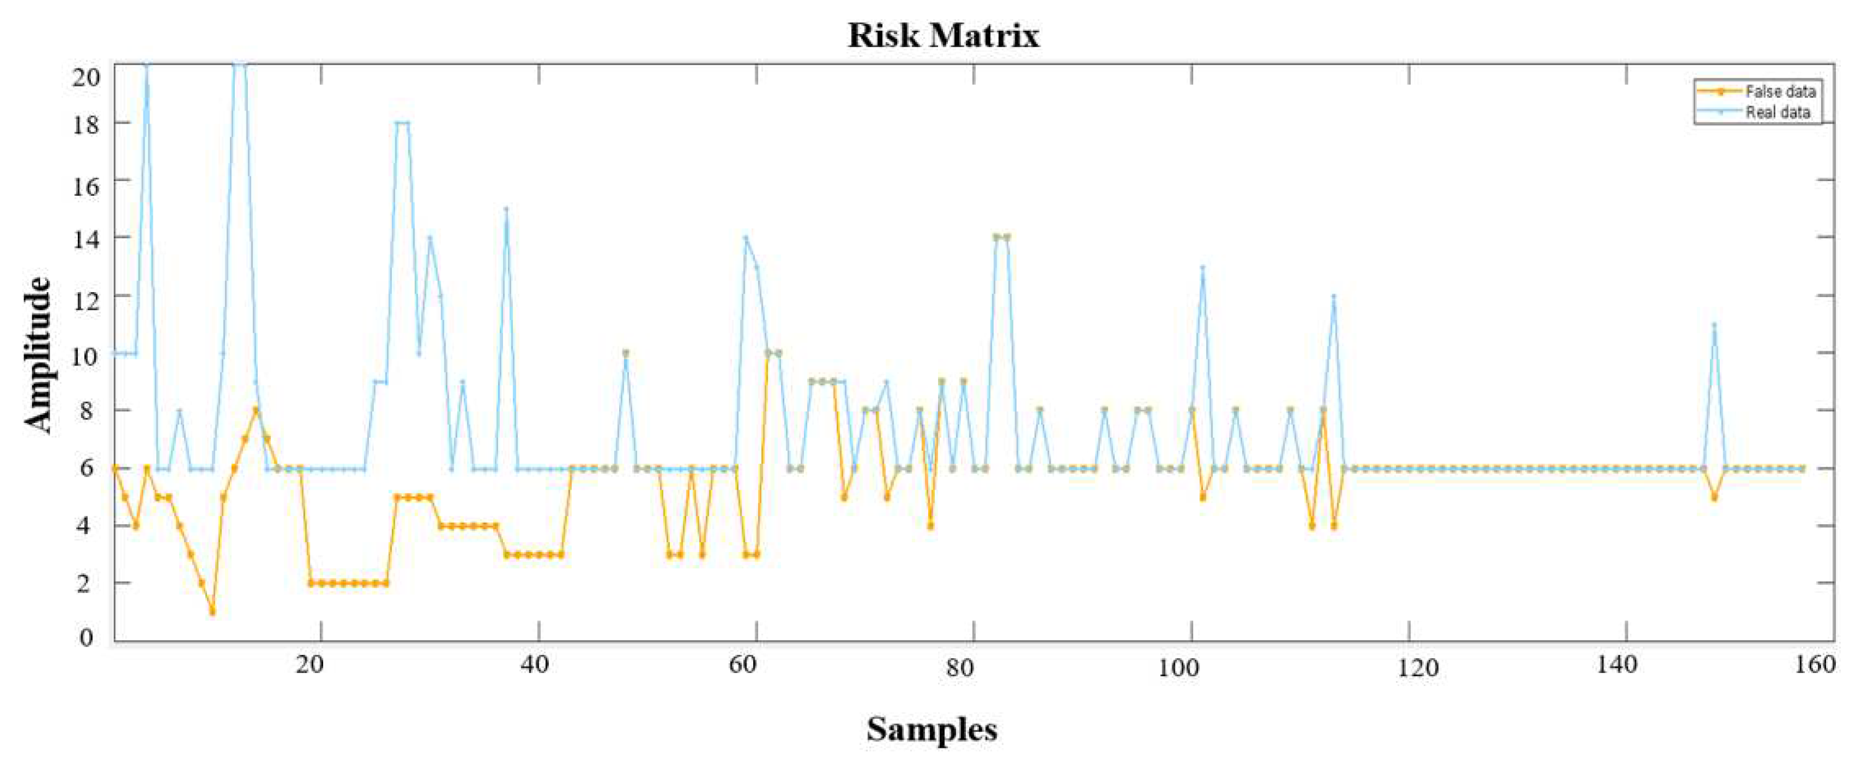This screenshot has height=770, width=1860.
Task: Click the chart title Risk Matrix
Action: pyautogui.click(x=943, y=35)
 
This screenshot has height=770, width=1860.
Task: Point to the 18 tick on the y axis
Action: pyautogui.click(x=86, y=123)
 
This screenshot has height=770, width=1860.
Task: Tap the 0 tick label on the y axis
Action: pyautogui.click(x=87, y=637)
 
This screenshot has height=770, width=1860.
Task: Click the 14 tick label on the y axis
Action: pyautogui.click(x=86, y=238)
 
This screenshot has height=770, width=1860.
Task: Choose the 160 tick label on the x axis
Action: pyautogui.click(x=1814, y=664)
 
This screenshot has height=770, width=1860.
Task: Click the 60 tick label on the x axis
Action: pyautogui.click(x=743, y=664)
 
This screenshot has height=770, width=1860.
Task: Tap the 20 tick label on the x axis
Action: pyautogui.click(x=310, y=664)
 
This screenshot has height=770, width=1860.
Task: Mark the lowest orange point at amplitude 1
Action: pyautogui.click(x=213, y=612)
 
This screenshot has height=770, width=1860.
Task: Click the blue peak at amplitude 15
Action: pyautogui.click(x=506, y=209)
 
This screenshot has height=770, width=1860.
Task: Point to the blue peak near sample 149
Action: pyautogui.click(x=1714, y=325)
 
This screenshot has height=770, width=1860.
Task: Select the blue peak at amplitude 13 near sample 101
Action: pyautogui.click(x=1203, y=267)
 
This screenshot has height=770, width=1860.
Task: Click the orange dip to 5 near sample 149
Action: pyautogui.click(x=1714, y=498)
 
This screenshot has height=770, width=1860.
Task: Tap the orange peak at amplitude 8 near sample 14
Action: pyautogui.click(x=256, y=411)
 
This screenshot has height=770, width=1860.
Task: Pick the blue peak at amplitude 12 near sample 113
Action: pyautogui.click(x=1334, y=296)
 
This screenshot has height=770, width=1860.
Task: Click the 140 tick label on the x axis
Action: pyautogui.click(x=1616, y=664)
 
